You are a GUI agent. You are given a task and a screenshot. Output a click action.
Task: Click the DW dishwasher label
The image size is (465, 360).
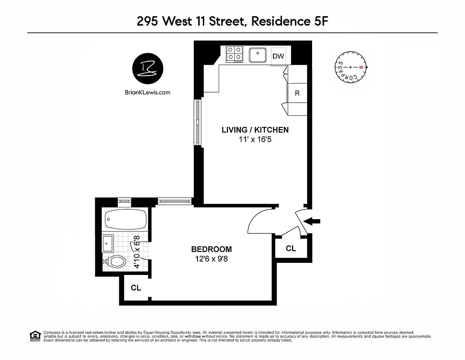click(x=278, y=56)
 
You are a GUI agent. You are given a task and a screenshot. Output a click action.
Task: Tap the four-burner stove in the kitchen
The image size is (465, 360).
click(x=234, y=54)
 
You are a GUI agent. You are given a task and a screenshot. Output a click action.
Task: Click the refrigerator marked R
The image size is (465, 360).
click(x=297, y=94)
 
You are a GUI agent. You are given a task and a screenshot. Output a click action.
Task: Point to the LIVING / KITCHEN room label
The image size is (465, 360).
click(x=255, y=130)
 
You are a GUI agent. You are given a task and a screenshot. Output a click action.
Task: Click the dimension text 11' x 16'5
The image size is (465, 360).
click(x=255, y=140)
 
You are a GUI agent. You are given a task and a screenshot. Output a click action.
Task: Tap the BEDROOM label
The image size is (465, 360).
click(x=211, y=249)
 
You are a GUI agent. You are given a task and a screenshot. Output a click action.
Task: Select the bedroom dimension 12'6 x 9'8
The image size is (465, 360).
click(x=211, y=259)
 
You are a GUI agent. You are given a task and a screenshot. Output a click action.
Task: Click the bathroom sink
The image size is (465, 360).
click(x=108, y=243)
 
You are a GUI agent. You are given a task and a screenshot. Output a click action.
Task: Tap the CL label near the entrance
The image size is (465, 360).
click(x=291, y=248)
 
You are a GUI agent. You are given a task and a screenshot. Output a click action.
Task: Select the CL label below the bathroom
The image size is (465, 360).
click(x=136, y=288)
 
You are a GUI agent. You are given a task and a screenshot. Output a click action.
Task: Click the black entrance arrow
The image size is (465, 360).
click(x=313, y=221)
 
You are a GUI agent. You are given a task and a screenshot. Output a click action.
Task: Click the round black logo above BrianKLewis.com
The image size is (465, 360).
click(x=148, y=68)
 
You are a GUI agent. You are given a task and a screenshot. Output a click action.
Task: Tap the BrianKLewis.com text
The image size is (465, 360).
click(x=148, y=92)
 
